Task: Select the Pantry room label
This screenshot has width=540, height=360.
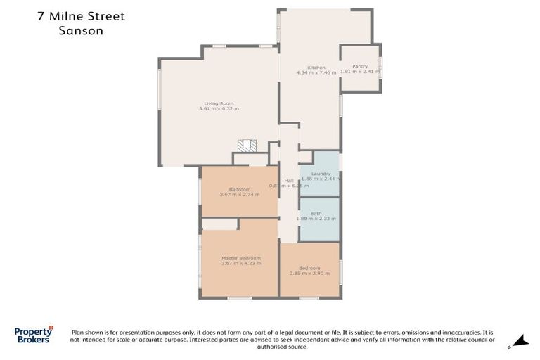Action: (x=359, y=66)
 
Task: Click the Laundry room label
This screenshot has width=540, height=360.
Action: (x=321, y=174)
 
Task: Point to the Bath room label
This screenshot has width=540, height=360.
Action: (x=316, y=213)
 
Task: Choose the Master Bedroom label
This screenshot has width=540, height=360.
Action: (x=240, y=258)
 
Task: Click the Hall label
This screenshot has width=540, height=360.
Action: (x=288, y=181)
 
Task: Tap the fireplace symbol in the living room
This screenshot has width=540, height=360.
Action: (x=247, y=146)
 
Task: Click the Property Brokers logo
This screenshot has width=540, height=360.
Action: (x=33, y=335)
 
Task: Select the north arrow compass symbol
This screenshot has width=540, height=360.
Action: (x=520, y=340)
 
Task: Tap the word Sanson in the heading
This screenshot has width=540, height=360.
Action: (x=81, y=31)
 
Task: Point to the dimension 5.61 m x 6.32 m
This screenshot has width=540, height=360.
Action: (x=219, y=109)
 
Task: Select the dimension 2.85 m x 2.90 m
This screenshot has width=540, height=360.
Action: (x=309, y=273)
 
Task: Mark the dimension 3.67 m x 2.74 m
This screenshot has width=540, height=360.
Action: (x=239, y=194)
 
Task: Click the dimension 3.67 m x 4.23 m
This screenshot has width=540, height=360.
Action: (x=240, y=264)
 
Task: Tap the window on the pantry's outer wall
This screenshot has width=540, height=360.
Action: (x=380, y=67)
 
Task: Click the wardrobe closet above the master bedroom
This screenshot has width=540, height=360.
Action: (x=219, y=224)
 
